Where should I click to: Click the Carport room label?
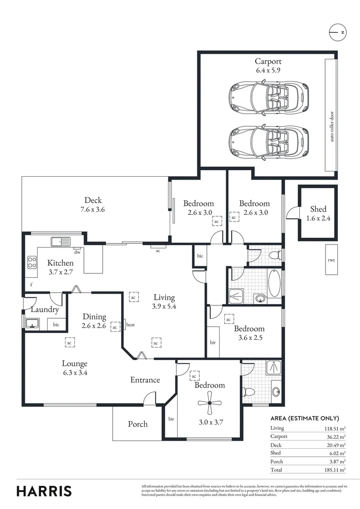tap(268, 61)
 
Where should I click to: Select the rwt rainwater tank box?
tap(331, 260)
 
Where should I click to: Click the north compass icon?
tap(338, 32)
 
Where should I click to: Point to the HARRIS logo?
tap(44, 491)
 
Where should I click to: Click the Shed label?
tap(318, 209)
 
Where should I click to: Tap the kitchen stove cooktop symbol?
tap(32, 262)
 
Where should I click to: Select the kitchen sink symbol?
tap(61, 242)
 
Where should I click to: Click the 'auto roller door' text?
tap(332, 127)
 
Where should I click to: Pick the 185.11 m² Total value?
tap(335, 470)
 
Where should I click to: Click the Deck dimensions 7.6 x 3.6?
tap(93, 209)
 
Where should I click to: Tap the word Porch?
tap(138, 424)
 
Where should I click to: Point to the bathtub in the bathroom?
tap(274, 282)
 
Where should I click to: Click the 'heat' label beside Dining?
tap(131, 325)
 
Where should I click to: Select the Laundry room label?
tap(44, 310)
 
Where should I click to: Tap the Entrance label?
tap(145, 380)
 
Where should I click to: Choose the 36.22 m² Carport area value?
tap(335, 436)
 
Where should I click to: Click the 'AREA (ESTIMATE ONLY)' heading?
tap(304, 418)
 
